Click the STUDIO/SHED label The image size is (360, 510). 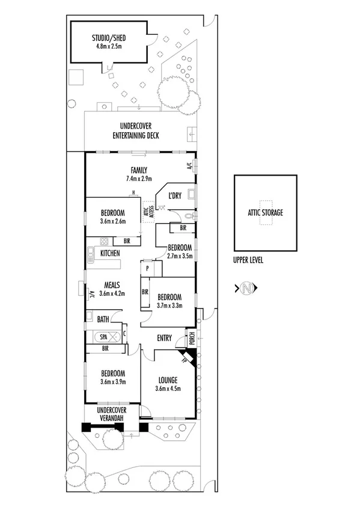tap(109, 37)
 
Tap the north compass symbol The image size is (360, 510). tap(246, 289)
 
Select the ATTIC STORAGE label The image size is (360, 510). tap(265, 213)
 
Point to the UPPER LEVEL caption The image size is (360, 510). tap(249, 260)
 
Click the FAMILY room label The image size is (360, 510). tap(139, 170)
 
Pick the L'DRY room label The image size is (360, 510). tap(175, 196)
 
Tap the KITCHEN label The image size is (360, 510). tap(110, 254)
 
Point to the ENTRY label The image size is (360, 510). tap(165, 338)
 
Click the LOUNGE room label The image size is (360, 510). tap(168, 379)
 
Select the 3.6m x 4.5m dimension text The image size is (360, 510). tap(168, 389)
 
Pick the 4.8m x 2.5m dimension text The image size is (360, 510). tap(109, 46)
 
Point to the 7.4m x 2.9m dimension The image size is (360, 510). tap(139, 179)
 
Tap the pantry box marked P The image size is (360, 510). tap(147, 268)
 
